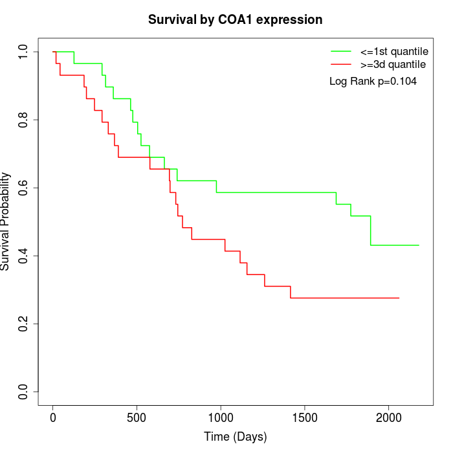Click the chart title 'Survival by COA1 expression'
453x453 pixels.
[235, 19]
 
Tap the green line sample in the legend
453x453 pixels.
[340, 50]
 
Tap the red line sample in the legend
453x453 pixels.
[340, 65]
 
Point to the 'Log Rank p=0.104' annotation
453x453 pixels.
[373, 82]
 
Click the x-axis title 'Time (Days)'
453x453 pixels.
[235, 437]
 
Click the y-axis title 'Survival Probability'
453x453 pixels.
[6, 221]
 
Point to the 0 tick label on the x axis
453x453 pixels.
[53, 418]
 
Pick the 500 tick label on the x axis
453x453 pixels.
[137, 418]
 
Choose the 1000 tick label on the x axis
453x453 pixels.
[221, 418]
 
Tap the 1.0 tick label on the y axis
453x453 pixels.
[24, 52]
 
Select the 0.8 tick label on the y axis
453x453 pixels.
[24, 120]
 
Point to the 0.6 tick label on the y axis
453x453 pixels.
[24, 188]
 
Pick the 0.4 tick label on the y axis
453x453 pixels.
[24, 256]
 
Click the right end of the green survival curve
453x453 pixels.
[419, 245]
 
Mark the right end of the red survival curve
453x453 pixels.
[399, 298]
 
